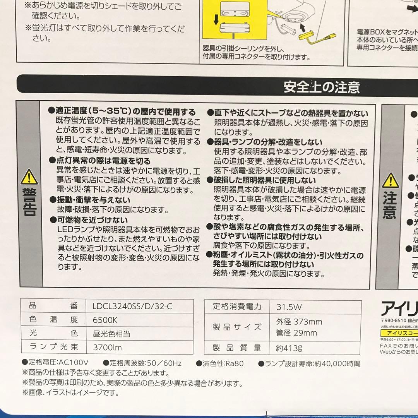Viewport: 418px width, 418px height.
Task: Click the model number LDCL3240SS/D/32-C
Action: [133, 307]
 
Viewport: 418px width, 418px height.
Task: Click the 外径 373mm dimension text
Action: [299, 322]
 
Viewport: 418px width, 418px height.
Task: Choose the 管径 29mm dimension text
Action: [297, 333]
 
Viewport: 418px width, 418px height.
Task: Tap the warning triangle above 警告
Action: [29, 177]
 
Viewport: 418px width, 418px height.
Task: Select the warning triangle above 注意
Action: [390, 181]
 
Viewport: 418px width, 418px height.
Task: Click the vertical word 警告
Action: [29, 202]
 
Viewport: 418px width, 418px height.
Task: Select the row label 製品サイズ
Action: [237, 327]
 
